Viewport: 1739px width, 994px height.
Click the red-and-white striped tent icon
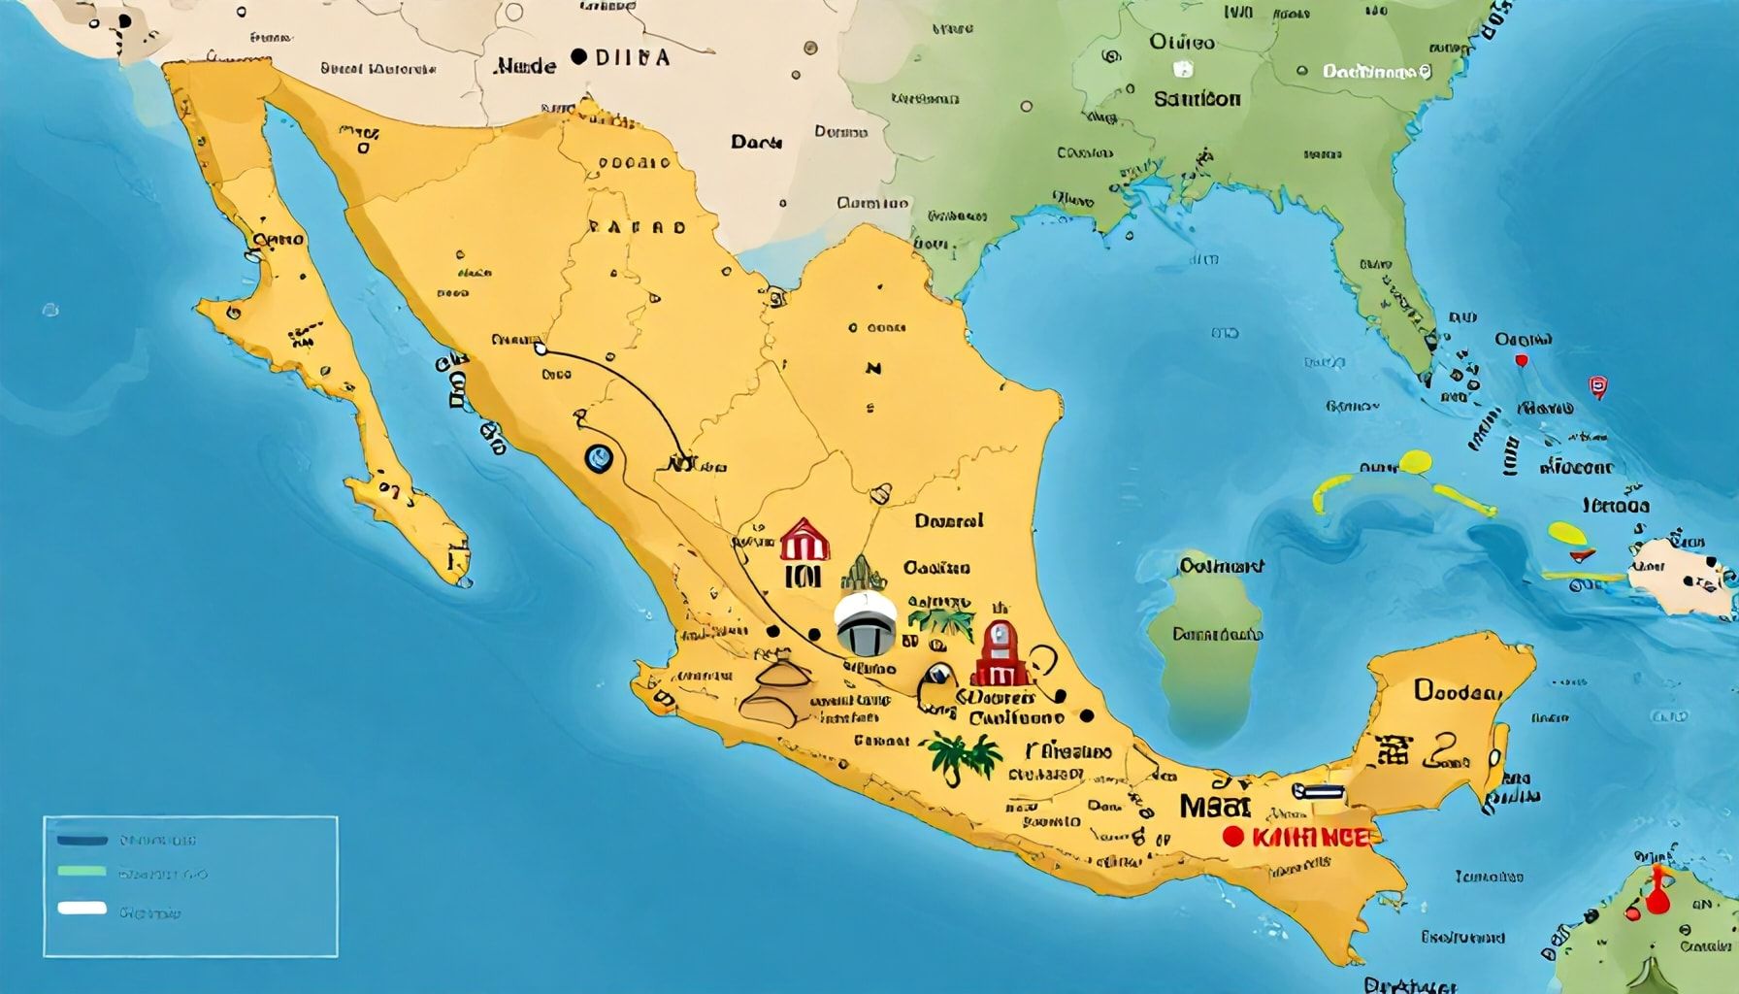[804, 540]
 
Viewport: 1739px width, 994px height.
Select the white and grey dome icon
[866, 623]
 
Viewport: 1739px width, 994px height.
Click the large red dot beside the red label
[1233, 836]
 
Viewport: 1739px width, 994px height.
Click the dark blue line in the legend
[82, 840]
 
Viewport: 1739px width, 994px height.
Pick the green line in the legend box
[82, 872]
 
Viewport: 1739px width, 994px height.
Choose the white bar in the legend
[82, 910]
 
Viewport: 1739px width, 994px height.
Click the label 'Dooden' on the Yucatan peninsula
[1458, 691]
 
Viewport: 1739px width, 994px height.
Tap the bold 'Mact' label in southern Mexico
[1215, 806]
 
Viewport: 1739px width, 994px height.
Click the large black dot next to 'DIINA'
[579, 57]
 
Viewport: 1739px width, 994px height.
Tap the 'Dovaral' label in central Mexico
[948, 521]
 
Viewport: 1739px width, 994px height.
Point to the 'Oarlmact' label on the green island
[1221, 565]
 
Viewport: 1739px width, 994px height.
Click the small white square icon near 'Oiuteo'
[1183, 69]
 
